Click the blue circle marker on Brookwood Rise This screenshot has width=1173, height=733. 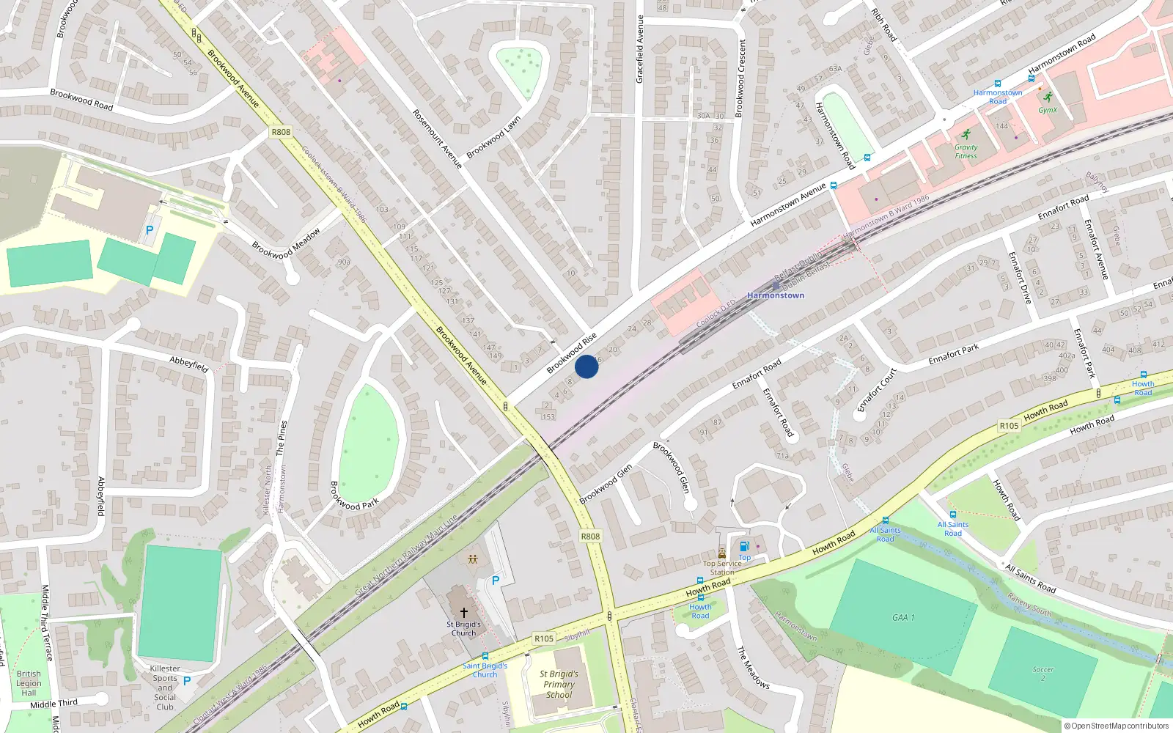pos(586,366)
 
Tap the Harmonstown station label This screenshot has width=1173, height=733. pos(776,295)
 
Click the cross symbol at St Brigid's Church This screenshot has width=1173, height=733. pos(463,612)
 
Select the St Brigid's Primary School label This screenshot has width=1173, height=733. pos(559,684)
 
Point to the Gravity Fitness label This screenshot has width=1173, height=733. pos(966,152)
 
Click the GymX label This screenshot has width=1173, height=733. pos(1048,110)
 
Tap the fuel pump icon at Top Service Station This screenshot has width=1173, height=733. pos(744,546)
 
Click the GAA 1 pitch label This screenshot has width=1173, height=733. pos(903,617)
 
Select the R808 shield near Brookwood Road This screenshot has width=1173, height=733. pos(281,132)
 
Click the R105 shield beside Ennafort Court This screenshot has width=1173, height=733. pos(1009,425)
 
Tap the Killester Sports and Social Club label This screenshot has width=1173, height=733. pos(165,688)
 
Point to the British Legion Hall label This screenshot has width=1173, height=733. pos(29,683)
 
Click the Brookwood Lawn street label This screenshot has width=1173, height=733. pos(493,137)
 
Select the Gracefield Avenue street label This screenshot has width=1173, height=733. pos(639,49)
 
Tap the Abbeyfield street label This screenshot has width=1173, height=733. pos(189,364)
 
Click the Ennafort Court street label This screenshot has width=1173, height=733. pos(877,390)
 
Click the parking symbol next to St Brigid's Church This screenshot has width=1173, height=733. pos(496,581)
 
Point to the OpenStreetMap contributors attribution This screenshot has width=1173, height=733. pos(1117,726)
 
